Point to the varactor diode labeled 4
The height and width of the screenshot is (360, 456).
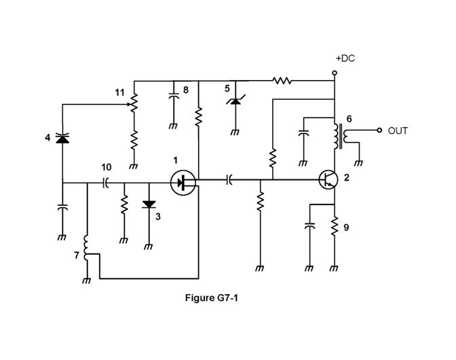[62, 139]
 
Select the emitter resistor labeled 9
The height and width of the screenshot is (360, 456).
[335, 226]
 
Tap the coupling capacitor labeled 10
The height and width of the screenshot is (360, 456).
[106, 182]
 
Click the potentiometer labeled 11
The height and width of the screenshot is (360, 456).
[133, 102]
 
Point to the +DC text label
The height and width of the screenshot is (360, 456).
[345, 59]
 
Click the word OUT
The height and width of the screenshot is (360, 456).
[398, 130]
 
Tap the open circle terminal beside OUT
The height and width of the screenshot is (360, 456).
[380, 130]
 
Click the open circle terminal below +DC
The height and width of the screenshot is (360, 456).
[335, 73]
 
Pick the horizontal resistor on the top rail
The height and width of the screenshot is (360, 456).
[282, 80]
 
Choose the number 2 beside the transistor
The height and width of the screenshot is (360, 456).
[347, 178]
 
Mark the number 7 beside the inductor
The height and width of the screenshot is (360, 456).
[75, 255]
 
